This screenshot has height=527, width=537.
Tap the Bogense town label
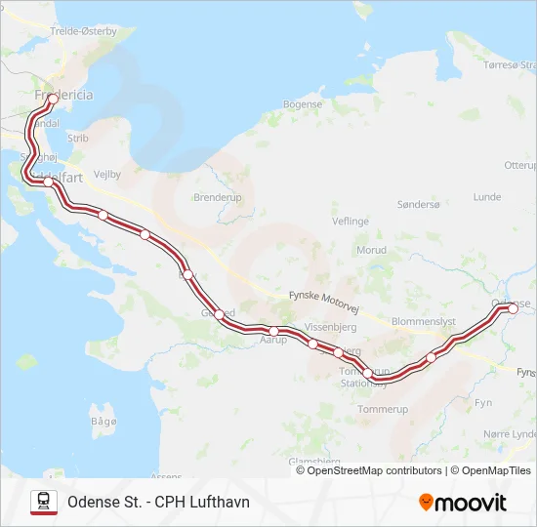click(x=302, y=104)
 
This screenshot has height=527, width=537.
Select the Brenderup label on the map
click(x=217, y=196)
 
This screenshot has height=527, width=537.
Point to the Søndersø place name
click(x=419, y=204)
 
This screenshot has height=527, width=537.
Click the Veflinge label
click(x=350, y=222)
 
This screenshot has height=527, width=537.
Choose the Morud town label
click(x=371, y=250)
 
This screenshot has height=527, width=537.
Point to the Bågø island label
click(x=103, y=421)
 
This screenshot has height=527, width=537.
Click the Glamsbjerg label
click(x=313, y=461)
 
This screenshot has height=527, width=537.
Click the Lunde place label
click(x=486, y=196)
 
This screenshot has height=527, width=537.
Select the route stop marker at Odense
click(x=513, y=308)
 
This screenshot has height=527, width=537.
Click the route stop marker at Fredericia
click(x=52, y=99)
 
